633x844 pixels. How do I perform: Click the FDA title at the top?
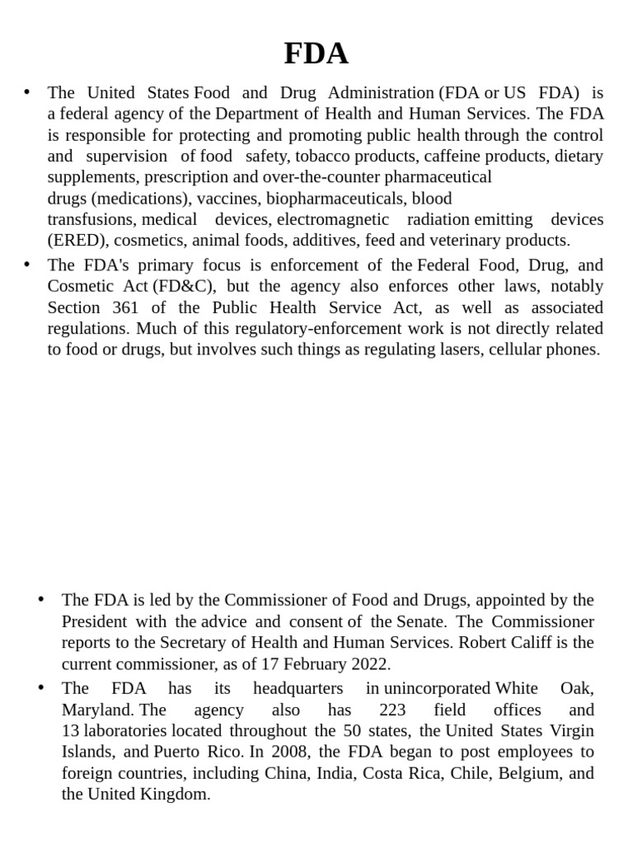[x=316, y=54]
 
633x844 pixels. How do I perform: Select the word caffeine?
[x=450, y=157]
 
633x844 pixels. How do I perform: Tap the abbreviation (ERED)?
[x=78, y=241]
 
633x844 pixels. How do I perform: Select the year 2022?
[x=367, y=664]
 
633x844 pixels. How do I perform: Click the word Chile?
[x=475, y=774]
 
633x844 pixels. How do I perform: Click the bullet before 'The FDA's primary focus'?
[x=27, y=265]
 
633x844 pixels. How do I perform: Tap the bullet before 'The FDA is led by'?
[x=41, y=599]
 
